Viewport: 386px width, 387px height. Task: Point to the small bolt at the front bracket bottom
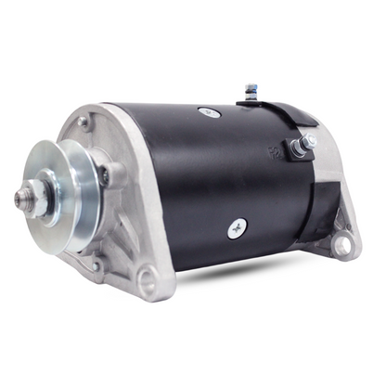(95, 266)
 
